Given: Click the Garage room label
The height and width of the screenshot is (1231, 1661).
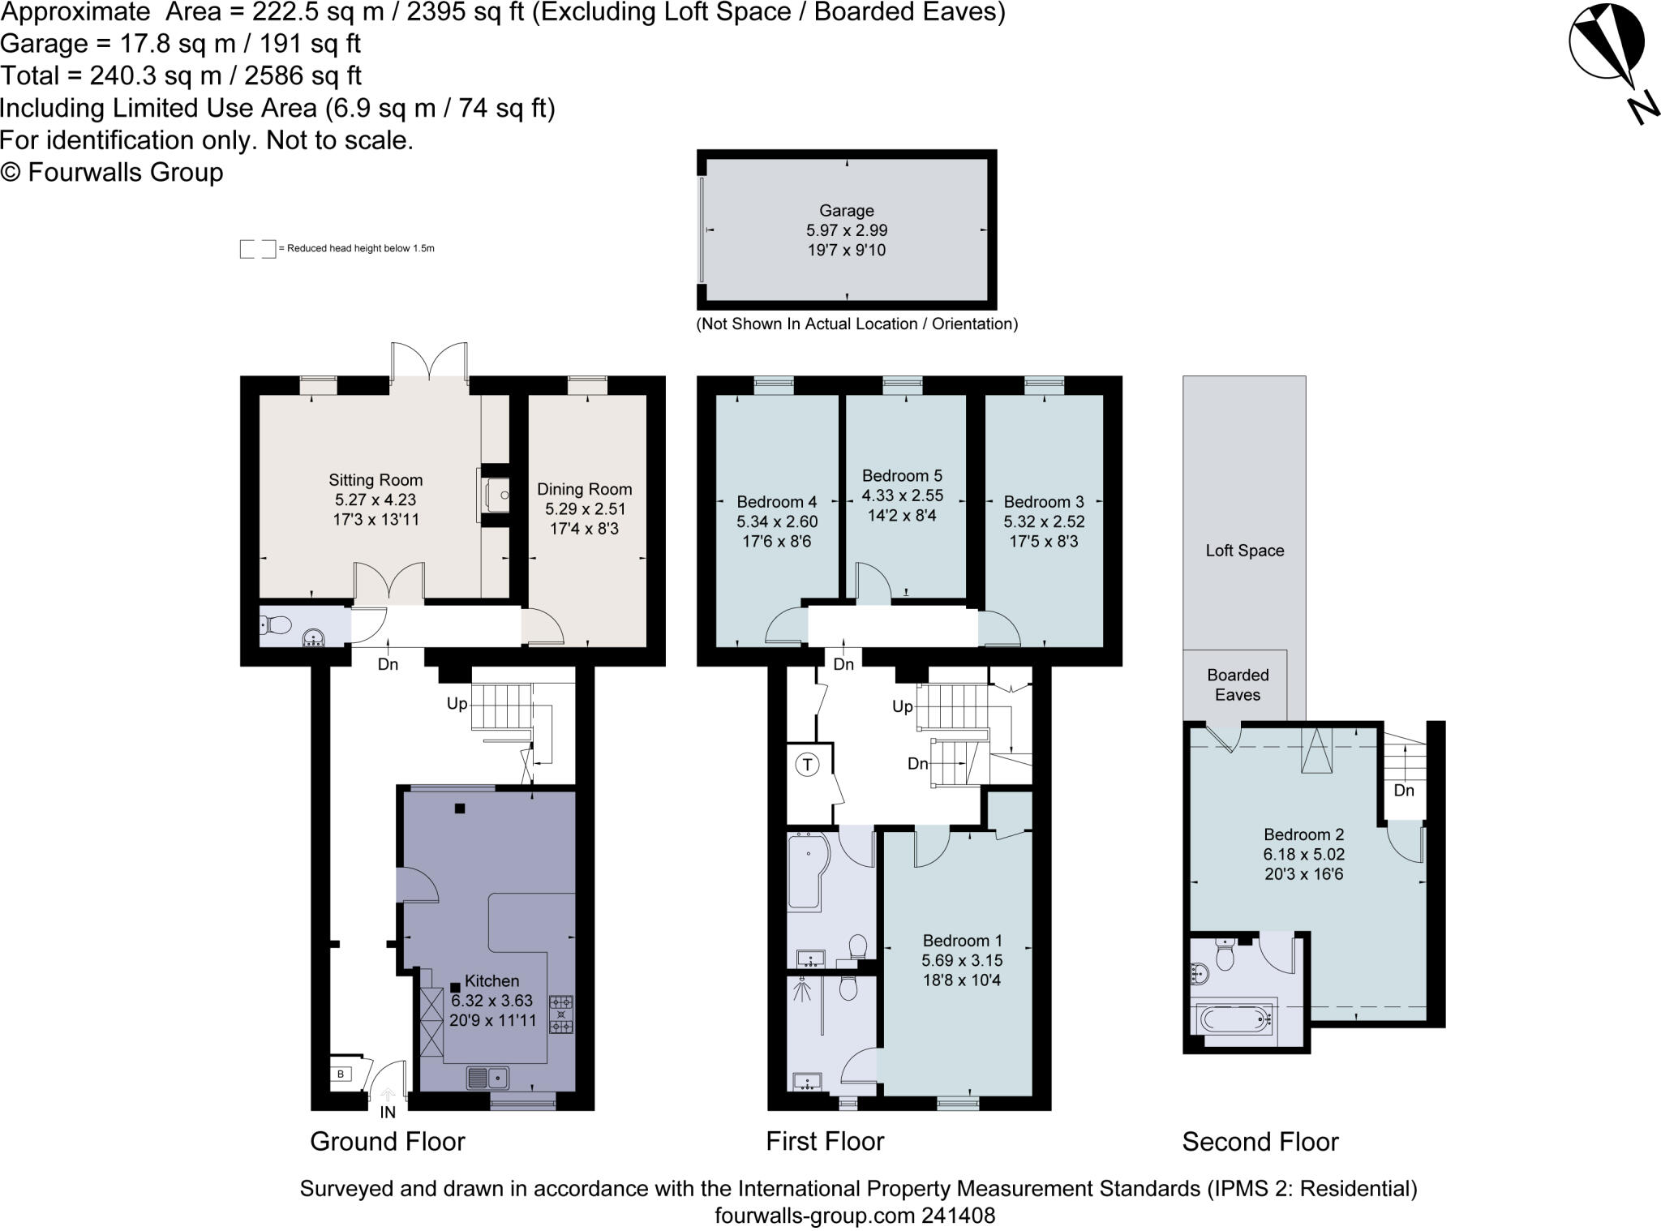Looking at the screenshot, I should (846, 211).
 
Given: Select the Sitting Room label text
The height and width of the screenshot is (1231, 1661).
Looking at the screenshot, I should (375, 480).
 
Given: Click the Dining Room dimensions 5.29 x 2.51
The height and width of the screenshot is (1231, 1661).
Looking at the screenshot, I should (584, 509).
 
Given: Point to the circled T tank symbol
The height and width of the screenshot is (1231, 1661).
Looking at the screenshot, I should (807, 765).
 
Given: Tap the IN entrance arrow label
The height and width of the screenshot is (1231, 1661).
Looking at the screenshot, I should (388, 1112).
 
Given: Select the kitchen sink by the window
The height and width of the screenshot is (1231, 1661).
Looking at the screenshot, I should (487, 1078).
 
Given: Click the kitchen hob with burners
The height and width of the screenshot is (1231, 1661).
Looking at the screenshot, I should (561, 1014).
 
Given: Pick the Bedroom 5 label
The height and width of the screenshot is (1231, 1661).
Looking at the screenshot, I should (902, 476).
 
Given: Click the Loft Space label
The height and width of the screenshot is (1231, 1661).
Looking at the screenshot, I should (1244, 551).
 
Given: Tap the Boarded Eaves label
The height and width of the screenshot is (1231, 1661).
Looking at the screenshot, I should (1237, 684).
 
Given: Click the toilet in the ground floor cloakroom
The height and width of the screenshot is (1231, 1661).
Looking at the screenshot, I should (276, 625).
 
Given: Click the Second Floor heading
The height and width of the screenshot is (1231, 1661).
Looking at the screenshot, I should (1260, 1142).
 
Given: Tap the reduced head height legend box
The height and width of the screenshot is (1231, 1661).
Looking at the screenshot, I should (257, 249).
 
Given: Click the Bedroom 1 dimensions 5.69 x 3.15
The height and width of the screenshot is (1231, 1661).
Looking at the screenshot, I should (962, 960).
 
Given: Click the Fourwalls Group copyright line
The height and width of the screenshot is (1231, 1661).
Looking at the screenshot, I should (112, 173).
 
